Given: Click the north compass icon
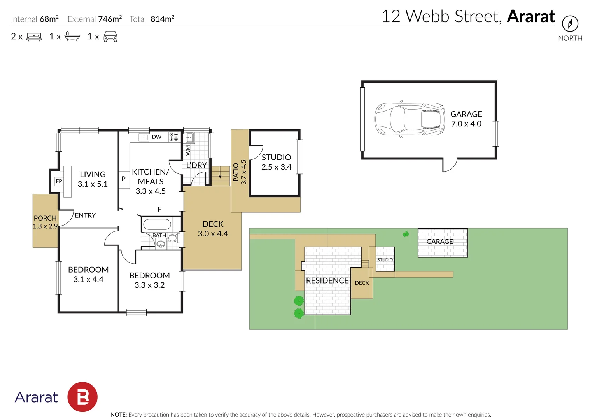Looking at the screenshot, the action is pos(570,24).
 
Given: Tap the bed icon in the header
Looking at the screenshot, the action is pos(34,37).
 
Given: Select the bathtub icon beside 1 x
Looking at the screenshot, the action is pos(72,36).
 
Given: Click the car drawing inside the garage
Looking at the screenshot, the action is pos(410,119).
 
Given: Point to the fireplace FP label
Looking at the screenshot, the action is pos(59,181).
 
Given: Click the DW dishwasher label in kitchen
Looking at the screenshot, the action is pos(157,137).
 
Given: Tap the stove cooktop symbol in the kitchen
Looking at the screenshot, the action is pos(173,137).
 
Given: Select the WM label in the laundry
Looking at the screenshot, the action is pos(188,150).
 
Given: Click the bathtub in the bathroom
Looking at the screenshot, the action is pos(157,225).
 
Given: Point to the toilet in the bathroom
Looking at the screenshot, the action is pos(173,238).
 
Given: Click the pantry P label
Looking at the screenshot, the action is pos(123,179).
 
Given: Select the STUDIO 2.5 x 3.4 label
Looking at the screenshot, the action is pos(276,162).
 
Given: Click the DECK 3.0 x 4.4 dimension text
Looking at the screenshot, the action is pos(213,229).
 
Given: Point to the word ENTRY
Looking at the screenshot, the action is pos(85,215).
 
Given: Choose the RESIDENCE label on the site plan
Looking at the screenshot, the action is pos(327,280).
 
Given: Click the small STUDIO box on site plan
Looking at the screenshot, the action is pos(385,259).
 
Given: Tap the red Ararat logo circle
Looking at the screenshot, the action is pos(82,397).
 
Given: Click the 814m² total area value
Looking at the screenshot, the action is pos(163,19).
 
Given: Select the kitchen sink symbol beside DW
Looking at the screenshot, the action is pos(144,137).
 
